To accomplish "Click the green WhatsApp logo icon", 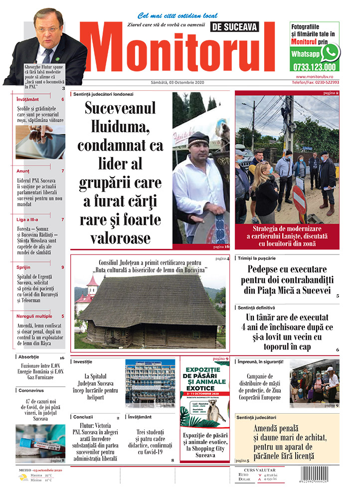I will (x=330, y=51).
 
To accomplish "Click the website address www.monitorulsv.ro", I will (x=317, y=76).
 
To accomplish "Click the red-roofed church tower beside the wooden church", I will (x=92, y=289).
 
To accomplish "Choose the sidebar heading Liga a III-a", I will (x=27, y=220).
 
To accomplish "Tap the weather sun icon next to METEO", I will (x=22, y=477).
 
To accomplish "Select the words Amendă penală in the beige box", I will (x=282, y=428).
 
